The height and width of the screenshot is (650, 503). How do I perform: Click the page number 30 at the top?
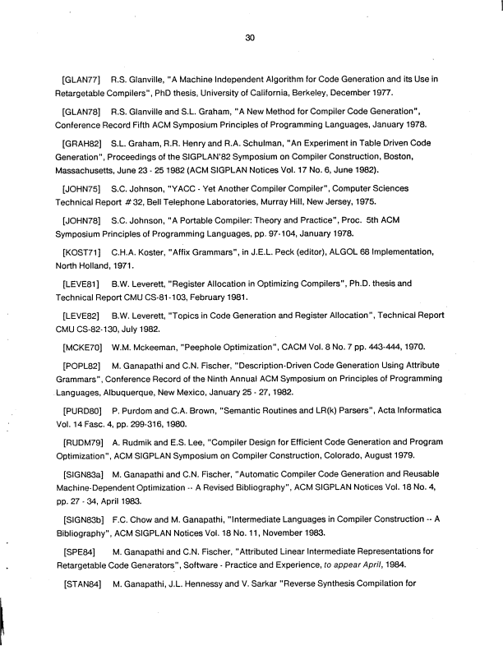[x=251, y=36]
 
